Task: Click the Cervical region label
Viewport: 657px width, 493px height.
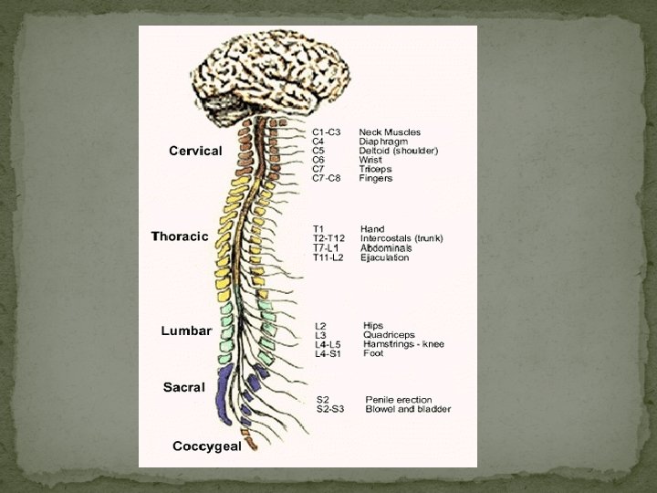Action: pyautogui.click(x=195, y=151)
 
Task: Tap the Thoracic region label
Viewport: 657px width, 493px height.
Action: pyautogui.click(x=180, y=236)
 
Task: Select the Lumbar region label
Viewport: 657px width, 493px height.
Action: pyautogui.click(x=186, y=330)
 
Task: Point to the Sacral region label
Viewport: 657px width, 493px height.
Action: pyautogui.click(x=183, y=387)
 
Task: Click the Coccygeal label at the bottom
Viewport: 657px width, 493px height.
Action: pyautogui.click(x=207, y=446)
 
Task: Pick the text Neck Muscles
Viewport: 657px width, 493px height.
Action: pyautogui.click(x=390, y=132)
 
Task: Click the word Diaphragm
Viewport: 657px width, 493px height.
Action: pyautogui.click(x=383, y=142)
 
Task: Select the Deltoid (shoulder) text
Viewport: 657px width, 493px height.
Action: pyautogui.click(x=399, y=151)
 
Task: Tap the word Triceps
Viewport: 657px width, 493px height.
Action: pyautogui.click(x=376, y=169)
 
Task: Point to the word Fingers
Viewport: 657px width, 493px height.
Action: pyautogui.click(x=376, y=178)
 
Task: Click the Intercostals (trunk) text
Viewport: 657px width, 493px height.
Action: pyautogui.click(x=401, y=238)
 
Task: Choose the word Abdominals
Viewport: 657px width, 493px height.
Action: pyautogui.click(x=386, y=247)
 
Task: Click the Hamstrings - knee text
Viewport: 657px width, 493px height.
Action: pyautogui.click(x=401, y=343)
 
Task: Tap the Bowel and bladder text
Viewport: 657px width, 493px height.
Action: pyautogui.click(x=408, y=409)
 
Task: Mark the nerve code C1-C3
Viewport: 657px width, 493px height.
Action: pyautogui.click(x=326, y=132)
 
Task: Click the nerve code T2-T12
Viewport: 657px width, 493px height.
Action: pyautogui.click(x=328, y=238)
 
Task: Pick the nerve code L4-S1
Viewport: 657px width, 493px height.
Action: pyautogui.click(x=328, y=353)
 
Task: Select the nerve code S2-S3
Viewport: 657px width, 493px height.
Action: pyautogui.click(x=329, y=409)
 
